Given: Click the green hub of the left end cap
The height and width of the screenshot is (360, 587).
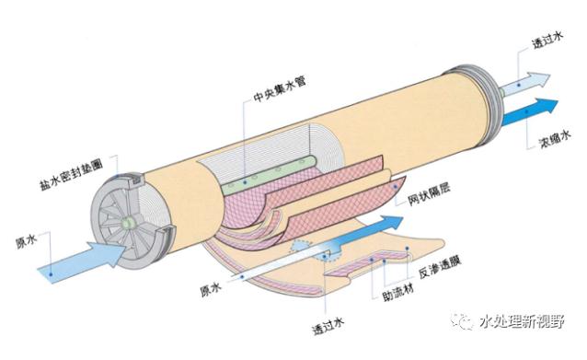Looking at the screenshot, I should pyautogui.click(x=128, y=222).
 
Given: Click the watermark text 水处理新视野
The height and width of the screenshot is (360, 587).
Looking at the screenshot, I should pyautogui.click(x=522, y=321).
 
